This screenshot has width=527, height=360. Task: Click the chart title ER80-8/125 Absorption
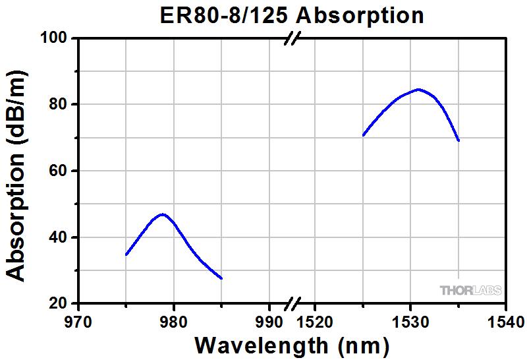pos(284,14)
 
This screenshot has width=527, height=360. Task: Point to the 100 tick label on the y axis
pos(53,38)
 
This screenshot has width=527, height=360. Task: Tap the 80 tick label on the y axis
pos(58,104)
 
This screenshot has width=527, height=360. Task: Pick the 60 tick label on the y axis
pos(58,171)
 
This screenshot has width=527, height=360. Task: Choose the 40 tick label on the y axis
pos(58,237)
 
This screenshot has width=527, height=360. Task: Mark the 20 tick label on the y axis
pos(58,304)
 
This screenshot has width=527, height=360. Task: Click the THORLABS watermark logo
pos(470,290)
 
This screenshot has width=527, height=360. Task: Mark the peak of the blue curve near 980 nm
pos(162,214)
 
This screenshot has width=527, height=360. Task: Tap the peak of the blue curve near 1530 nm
pos(418,89)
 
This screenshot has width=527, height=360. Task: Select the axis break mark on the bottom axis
pos(292,304)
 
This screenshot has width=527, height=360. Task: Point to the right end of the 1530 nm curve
pos(458,140)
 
